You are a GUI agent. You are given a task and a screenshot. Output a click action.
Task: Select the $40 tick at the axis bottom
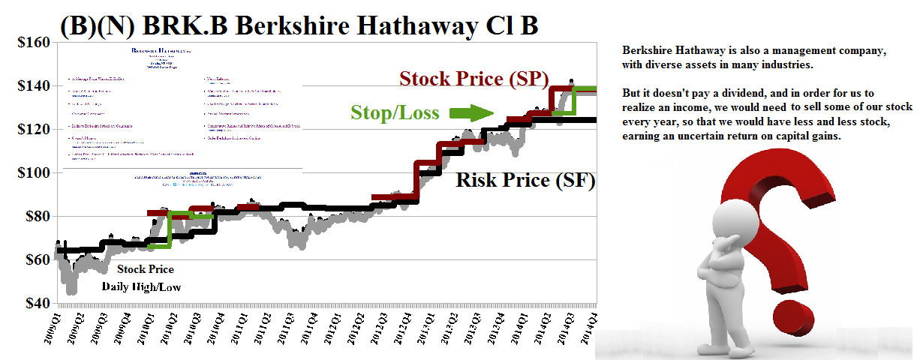[x=32, y=304]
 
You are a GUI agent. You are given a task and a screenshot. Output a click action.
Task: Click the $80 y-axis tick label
[x=32, y=217]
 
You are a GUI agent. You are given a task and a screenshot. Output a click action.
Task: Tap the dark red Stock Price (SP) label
[x=474, y=79]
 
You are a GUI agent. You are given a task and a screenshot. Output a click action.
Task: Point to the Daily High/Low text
[x=141, y=286]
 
